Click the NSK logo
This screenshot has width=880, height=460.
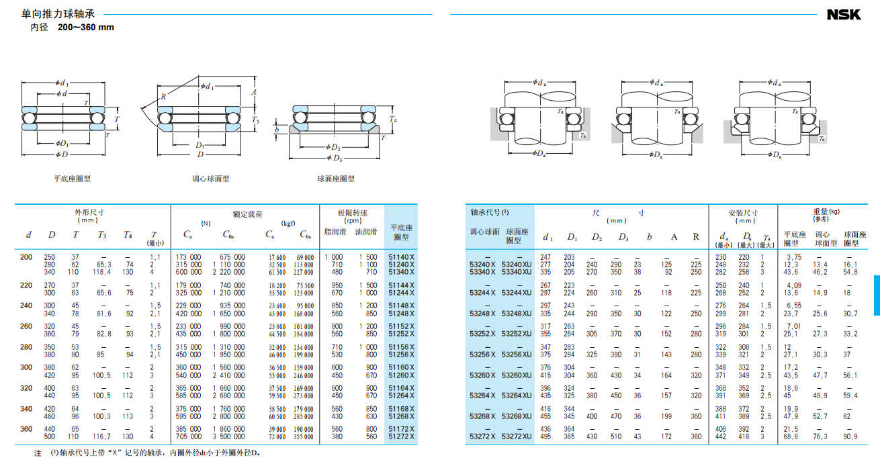pos(843,14)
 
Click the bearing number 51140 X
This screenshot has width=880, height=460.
pos(402,257)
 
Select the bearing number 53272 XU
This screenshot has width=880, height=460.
pos(516,436)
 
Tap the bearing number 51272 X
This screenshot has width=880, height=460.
pos(402,436)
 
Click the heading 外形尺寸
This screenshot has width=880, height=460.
pos(89,213)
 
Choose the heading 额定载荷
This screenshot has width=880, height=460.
pos(245,214)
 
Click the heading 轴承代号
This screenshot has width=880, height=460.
pos(490,212)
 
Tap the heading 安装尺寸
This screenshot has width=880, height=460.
pos(743,213)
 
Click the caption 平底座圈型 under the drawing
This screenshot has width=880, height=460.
pos(72,179)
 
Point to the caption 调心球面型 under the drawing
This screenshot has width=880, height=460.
pos(211,179)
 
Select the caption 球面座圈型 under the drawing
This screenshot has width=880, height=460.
pos(336,179)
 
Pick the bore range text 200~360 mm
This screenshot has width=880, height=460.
pos(86,28)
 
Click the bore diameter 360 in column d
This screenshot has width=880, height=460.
pos(26,429)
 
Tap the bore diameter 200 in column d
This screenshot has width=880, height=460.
pos(26,257)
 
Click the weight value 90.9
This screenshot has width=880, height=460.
pos(850,436)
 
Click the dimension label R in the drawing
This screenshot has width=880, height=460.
pos(163,97)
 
